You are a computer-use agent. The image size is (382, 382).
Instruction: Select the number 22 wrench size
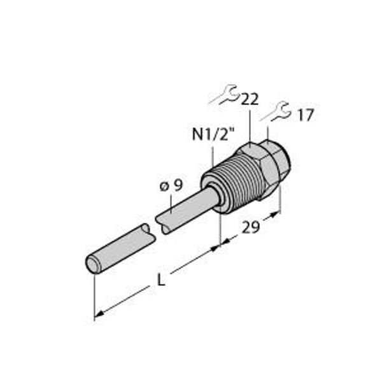[250, 99]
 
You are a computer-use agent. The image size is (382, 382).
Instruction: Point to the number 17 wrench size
[305, 115]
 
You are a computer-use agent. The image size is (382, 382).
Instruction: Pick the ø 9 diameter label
[170, 186]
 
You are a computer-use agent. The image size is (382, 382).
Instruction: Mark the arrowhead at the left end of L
[98, 314]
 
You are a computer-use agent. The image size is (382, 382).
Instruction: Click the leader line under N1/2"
[209, 156]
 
